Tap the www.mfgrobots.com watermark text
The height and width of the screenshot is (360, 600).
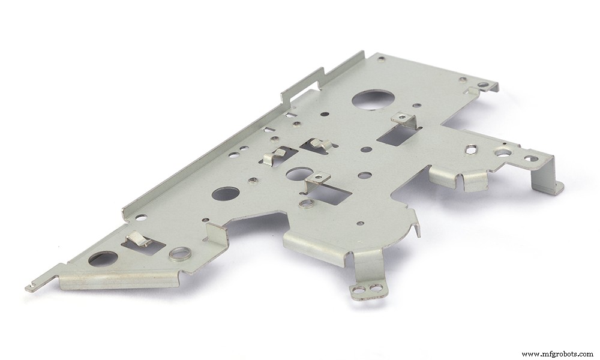(x=557, y=353)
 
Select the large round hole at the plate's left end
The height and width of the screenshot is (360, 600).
(x=103, y=259)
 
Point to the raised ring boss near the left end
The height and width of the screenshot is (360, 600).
(x=178, y=253)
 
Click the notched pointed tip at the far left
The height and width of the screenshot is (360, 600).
(x=31, y=287)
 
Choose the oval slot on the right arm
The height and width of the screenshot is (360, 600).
(x=472, y=148)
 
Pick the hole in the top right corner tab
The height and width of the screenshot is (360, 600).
(x=483, y=85)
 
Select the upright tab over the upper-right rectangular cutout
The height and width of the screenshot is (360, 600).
(x=403, y=120)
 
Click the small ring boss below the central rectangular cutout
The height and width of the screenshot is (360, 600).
(x=307, y=204)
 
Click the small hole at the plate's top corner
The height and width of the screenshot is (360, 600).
(x=381, y=59)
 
